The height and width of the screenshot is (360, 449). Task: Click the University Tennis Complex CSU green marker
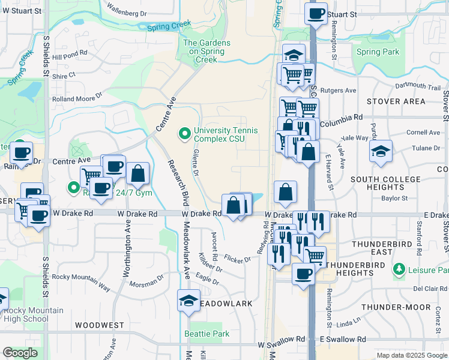(184, 133)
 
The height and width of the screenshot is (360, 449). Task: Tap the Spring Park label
(377, 52)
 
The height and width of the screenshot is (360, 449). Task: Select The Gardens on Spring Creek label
(206, 51)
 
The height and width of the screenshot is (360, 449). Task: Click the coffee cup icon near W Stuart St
(316, 13)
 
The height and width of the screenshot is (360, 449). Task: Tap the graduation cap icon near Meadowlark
(188, 301)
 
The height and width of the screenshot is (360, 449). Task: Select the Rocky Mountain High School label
(34, 314)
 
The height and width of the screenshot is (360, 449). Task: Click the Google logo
(20, 353)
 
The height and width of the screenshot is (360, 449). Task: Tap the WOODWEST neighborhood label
(99, 325)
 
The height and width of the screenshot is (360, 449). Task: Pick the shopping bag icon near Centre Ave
(137, 173)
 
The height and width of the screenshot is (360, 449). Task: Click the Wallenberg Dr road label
(126, 10)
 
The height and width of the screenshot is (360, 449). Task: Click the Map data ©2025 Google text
(411, 355)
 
